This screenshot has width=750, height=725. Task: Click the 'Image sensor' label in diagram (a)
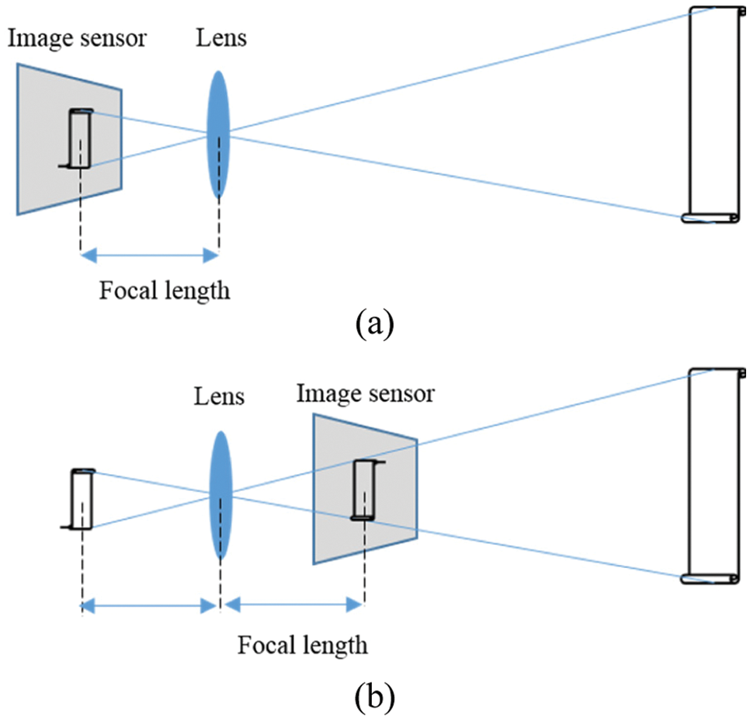(78, 38)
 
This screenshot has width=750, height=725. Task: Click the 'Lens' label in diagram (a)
(221, 38)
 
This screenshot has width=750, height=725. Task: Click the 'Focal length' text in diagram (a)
(165, 291)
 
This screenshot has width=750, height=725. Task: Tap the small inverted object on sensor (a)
(81, 139)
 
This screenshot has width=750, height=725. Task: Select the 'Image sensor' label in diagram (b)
(365, 393)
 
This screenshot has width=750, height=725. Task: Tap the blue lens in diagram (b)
(220, 495)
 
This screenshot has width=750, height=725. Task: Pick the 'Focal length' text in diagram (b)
(302, 644)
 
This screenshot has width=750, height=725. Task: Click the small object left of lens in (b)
(82, 500)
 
